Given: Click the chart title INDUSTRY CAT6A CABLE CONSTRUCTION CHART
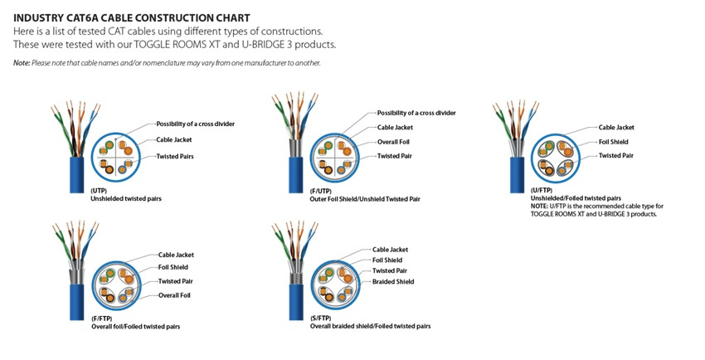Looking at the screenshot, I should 131,17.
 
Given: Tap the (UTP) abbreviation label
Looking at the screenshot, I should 100,191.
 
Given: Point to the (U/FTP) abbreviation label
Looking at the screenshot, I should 542,192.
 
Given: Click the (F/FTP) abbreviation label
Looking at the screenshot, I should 103,319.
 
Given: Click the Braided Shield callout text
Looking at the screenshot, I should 396,282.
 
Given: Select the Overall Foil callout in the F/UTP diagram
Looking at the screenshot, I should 396,142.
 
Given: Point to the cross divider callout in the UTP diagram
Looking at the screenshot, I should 195,124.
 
